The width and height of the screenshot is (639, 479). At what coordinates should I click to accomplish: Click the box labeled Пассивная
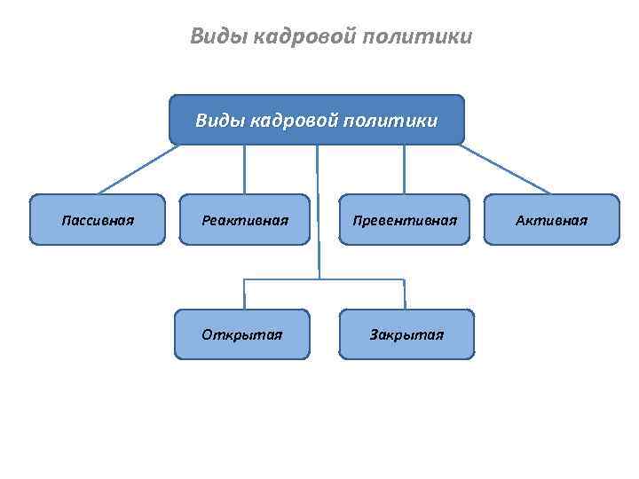click(98, 219)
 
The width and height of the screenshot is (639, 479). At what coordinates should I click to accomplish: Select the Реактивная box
click(245, 219)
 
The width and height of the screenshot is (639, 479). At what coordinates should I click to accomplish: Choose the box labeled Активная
click(551, 219)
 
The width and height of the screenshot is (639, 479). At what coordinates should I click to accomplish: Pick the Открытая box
click(242, 334)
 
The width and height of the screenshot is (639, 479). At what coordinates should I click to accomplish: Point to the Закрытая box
click(406, 334)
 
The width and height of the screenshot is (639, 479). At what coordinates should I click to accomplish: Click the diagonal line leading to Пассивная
click(138, 169)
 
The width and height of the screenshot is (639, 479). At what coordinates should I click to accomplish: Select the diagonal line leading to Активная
click(506, 169)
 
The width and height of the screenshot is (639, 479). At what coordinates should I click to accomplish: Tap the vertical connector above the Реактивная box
click(245, 169)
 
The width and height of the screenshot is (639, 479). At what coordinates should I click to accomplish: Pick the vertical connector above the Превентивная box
click(405, 169)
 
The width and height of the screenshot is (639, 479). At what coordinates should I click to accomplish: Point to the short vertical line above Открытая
click(245, 294)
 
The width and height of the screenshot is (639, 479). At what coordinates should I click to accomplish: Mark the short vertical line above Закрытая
click(405, 294)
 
